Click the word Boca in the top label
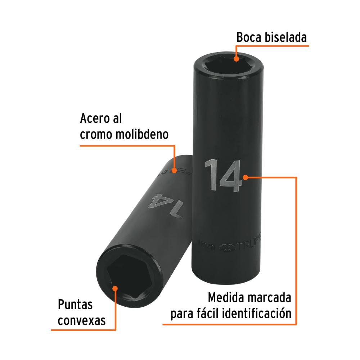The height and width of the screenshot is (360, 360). [248, 37]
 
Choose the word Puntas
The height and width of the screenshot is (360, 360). [75, 305]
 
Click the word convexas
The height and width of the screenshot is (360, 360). [82, 320]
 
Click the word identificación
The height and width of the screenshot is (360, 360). [257, 313]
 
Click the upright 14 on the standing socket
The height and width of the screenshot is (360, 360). [223, 176]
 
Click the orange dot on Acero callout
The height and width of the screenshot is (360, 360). [174, 170]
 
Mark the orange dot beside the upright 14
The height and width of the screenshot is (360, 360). [245, 177]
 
